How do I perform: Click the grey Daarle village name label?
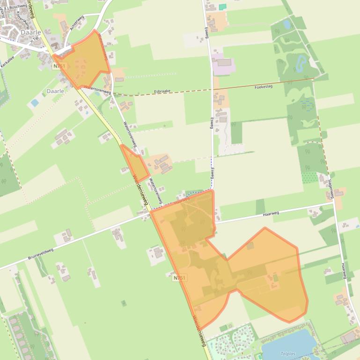(30, 33)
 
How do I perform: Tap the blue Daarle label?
(55, 90)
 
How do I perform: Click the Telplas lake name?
(288, 354)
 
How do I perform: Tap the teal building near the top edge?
(222, 7)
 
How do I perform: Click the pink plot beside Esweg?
(223, 65)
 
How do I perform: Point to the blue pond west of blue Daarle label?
(34, 102)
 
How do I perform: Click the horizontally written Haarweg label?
(271, 213)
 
